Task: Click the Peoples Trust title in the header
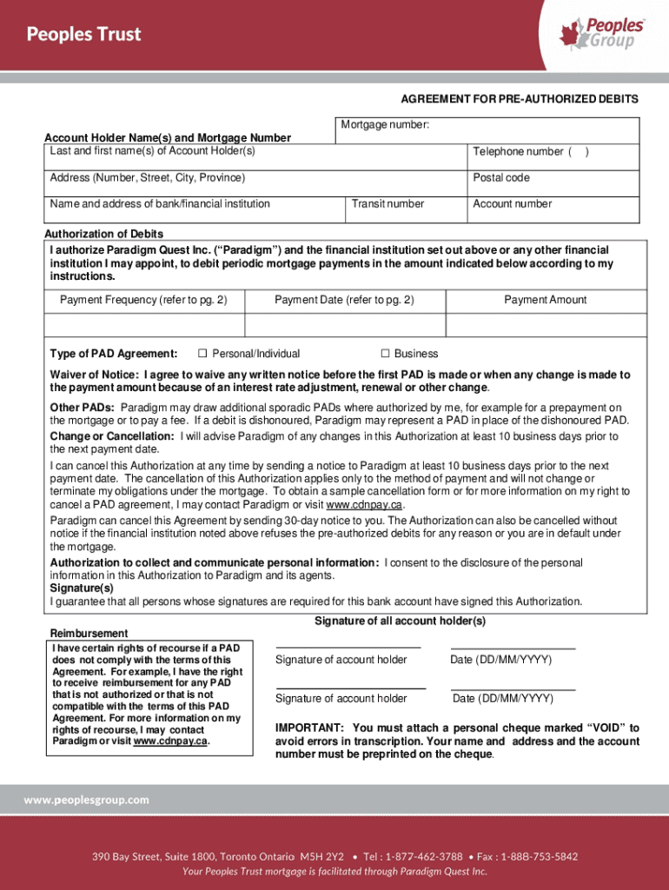(83, 35)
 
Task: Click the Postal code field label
(500, 178)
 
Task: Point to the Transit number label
(387, 204)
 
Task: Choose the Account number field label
(512, 204)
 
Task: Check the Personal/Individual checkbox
(202, 354)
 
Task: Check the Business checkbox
(385, 354)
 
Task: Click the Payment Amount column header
(545, 300)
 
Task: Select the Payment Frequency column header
(143, 300)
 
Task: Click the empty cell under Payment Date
(345, 325)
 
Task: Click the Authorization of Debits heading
(103, 235)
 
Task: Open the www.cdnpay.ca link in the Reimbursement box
(171, 741)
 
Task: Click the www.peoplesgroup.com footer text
(86, 800)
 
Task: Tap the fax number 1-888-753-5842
(539, 857)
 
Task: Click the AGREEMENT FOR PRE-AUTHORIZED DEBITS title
(519, 100)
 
